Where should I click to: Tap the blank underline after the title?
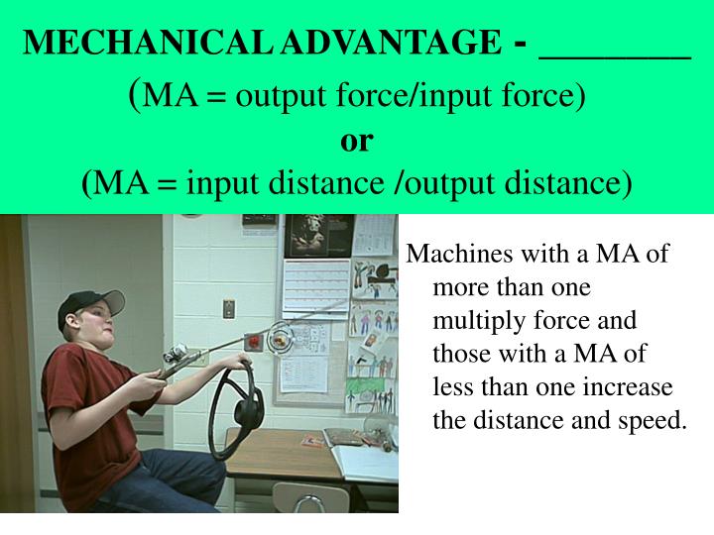[x=614, y=55]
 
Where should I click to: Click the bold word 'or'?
[x=356, y=140]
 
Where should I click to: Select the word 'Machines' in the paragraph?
[x=455, y=255]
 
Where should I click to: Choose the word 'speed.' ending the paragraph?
[x=654, y=419]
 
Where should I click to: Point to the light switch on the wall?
[x=228, y=308]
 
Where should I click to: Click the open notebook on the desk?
[x=362, y=458]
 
